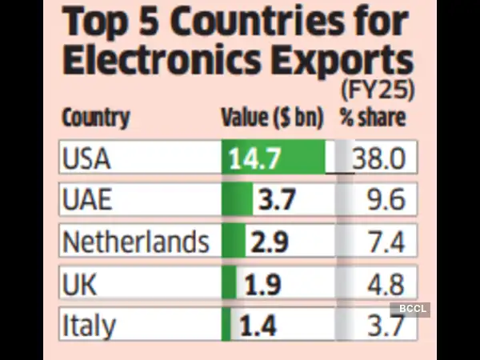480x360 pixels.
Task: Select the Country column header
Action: click(x=95, y=118)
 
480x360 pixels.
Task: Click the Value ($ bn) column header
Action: click(x=272, y=118)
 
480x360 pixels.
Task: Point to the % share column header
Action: click(x=373, y=118)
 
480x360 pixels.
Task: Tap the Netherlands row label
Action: click(x=136, y=242)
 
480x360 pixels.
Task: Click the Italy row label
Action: click(x=89, y=325)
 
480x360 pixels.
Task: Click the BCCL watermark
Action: click(x=410, y=309)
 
